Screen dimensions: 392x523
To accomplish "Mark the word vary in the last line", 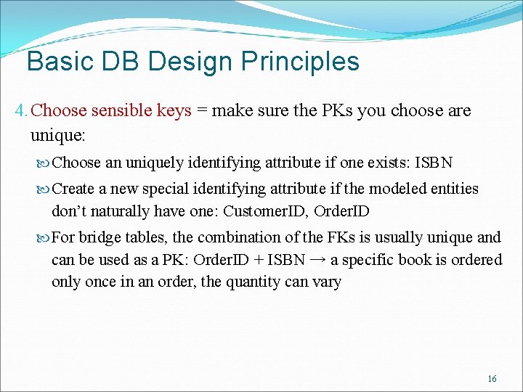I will click(326, 282).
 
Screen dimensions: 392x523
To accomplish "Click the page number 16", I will click(492, 379).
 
